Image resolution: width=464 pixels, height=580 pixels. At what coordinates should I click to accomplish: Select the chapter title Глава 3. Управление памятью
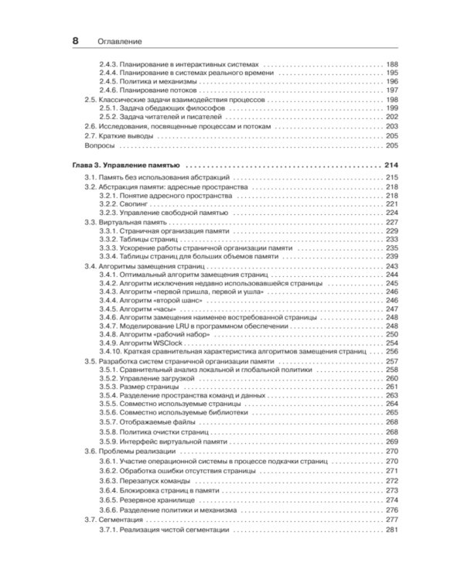click(x=126, y=165)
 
